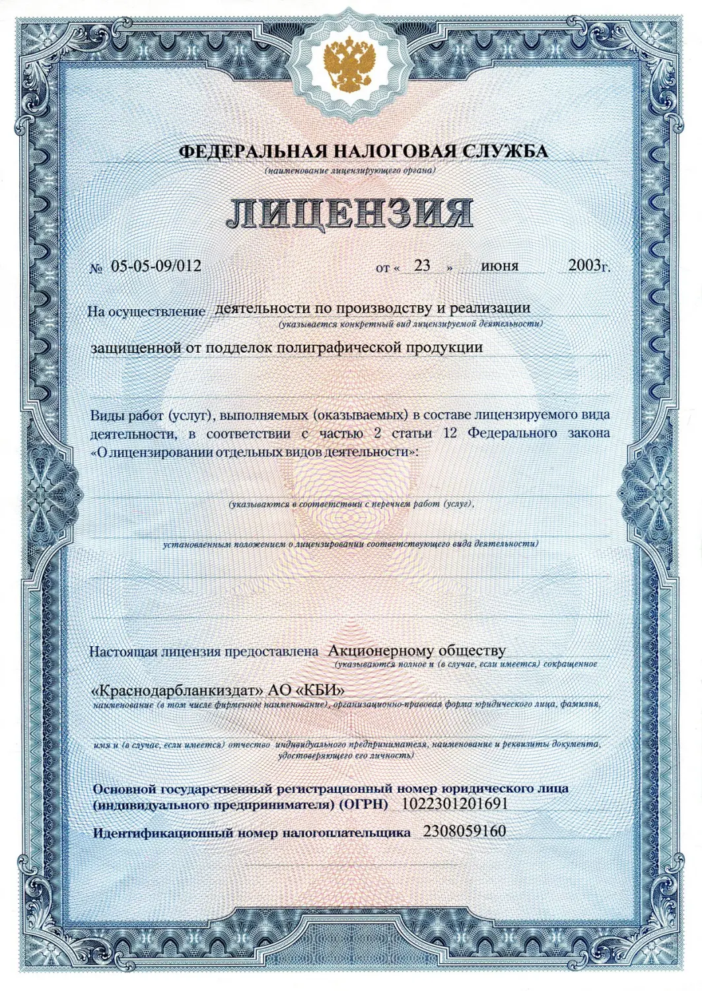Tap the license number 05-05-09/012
[x=156, y=266]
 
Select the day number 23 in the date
[x=422, y=266]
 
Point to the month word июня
[x=500, y=266]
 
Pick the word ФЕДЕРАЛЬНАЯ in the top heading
[x=238, y=152]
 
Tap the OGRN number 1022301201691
[x=454, y=804]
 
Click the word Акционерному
[x=376, y=651]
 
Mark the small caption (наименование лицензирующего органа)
[x=350, y=171]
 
